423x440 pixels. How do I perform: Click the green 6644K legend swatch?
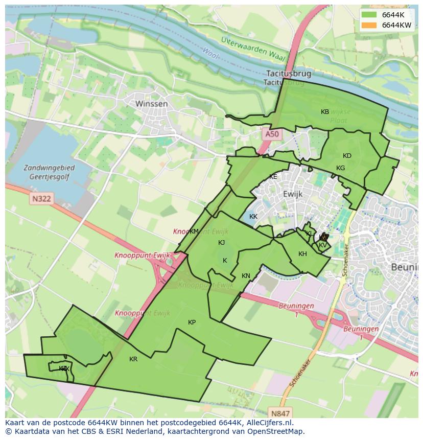(x=369, y=15)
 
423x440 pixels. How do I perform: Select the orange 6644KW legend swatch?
(x=369, y=25)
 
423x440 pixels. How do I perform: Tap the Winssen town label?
(x=152, y=104)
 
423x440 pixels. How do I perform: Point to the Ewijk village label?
(x=293, y=194)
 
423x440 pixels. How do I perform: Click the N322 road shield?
(x=40, y=198)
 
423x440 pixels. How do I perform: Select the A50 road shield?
(x=272, y=134)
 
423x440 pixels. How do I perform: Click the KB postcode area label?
(x=325, y=112)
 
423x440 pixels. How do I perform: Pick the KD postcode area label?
(x=347, y=156)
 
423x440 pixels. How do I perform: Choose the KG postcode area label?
(x=340, y=168)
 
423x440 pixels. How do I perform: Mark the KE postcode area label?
(x=273, y=177)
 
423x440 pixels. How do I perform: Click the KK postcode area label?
(x=253, y=217)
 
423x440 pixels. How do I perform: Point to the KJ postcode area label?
(x=222, y=243)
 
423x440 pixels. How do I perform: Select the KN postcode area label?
(x=246, y=276)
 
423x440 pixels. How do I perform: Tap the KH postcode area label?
(x=302, y=254)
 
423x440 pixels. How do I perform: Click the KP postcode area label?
(x=192, y=322)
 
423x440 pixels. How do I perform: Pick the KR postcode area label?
(x=133, y=359)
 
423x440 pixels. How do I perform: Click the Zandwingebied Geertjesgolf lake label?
(x=49, y=172)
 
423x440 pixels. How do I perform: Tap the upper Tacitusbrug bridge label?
(x=289, y=74)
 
